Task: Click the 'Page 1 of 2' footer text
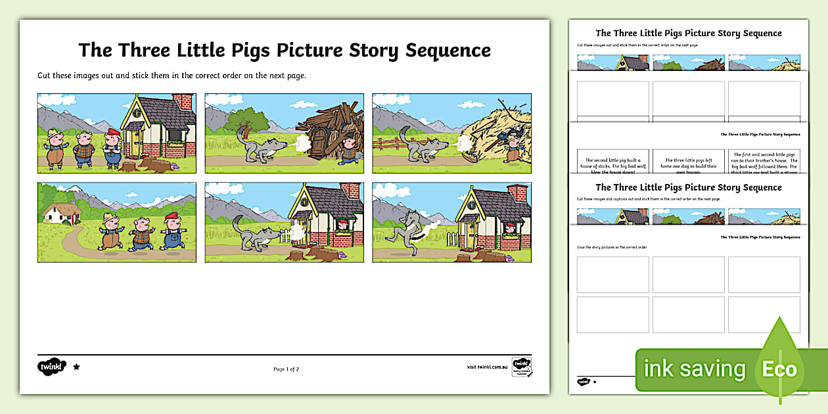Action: click(286, 369)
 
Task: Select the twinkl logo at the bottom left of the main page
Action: click(52, 367)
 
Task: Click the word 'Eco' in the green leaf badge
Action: click(779, 369)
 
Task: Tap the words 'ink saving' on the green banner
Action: click(695, 369)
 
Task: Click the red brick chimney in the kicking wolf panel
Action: click(517, 193)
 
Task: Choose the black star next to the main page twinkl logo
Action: click(76, 367)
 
